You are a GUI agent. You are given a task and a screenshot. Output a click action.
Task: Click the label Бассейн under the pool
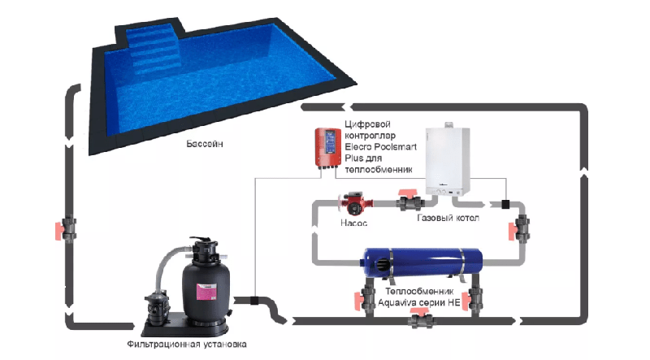click(205, 144)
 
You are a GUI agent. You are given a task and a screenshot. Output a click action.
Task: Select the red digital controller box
click(327, 148)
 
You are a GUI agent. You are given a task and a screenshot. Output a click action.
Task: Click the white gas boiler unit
click(448, 160)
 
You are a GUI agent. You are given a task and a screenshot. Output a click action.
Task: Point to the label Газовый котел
click(448, 218)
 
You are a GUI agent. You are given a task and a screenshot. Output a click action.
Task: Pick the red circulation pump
click(355, 204)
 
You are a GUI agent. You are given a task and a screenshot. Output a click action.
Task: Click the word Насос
click(353, 223)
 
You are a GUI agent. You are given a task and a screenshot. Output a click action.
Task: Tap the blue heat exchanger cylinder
click(422, 263)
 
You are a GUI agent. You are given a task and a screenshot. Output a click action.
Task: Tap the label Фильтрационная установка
click(187, 345)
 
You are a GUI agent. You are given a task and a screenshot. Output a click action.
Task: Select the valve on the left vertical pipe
click(67, 229)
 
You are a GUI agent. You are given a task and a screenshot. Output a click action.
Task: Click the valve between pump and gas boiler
click(409, 202)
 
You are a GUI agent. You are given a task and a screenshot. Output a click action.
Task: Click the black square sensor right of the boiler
click(505, 204)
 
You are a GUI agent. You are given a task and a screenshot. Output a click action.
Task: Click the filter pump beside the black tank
click(156, 308)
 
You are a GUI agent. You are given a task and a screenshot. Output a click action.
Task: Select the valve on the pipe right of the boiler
click(520, 228)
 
